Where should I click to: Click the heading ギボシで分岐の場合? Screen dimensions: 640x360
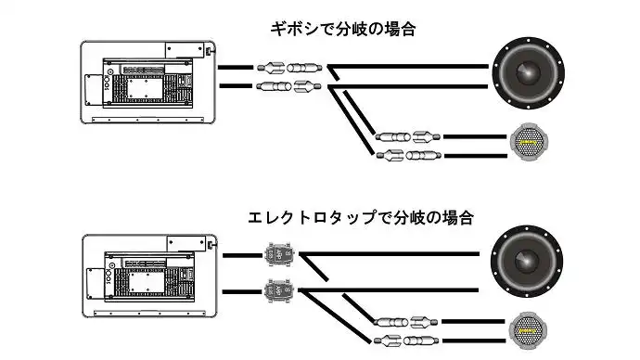(x=343, y=30)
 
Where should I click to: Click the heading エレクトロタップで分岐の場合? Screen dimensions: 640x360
(x=361, y=217)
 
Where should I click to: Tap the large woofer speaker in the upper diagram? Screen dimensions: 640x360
(x=529, y=73)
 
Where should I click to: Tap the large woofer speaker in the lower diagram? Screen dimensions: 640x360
(x=527, y=262)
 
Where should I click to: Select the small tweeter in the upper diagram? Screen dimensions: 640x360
(x=529, y=142)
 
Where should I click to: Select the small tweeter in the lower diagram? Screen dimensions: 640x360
(x=528, y=330)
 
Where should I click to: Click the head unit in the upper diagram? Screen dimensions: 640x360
(x=148, y=82)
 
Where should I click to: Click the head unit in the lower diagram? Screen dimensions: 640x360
(x=149, y=276)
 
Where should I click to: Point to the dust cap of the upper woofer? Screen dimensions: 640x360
(x=528, y=72)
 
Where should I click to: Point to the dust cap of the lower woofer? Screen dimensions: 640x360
(x=527, y=261)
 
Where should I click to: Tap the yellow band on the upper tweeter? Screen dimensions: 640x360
(x=529, y=142)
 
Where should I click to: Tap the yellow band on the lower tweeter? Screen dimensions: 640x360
(x=528, y=331)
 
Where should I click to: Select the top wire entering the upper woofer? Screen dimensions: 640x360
(x=408, y=66)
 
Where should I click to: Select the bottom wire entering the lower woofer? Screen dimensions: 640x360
(x=389, y=290)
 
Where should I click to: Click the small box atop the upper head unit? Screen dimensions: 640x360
(x=185, y=50)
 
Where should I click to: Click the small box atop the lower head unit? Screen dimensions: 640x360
(x=186, y=244)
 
